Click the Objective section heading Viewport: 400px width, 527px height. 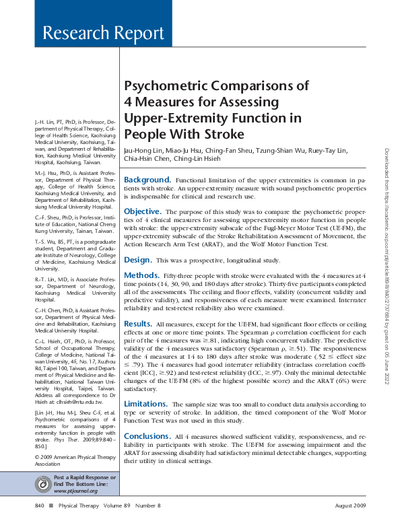click(x=142, y=211)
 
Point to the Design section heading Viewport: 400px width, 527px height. click(x=137, y=260)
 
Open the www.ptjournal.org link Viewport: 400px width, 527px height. click(x=74, y=491)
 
